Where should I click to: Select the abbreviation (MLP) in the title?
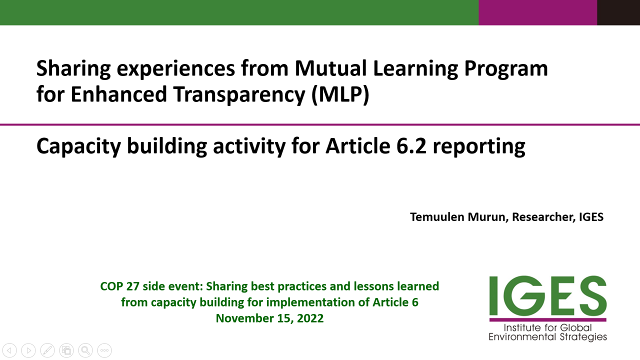[x=340, y=94]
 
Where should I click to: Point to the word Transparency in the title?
[x=239, y=94]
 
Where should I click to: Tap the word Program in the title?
[x=506, y=69]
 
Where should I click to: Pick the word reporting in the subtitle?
[x=479, y=147]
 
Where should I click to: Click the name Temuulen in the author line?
[x=437, y=217]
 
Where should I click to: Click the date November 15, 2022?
[x=269, y=318]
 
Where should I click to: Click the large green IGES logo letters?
[x=547, y=295]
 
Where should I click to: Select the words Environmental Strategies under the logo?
[x=547, y=337]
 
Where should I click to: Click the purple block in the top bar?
[x=537, y=12]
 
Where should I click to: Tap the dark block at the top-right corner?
[x=618, y=12]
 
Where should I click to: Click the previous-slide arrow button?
[x=9, y=350]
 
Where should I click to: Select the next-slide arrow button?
[x=28, y=350]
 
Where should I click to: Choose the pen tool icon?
[x=47, y=350]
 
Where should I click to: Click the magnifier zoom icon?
[x=85, y=350]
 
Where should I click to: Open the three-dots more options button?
[x=104, y=350]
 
